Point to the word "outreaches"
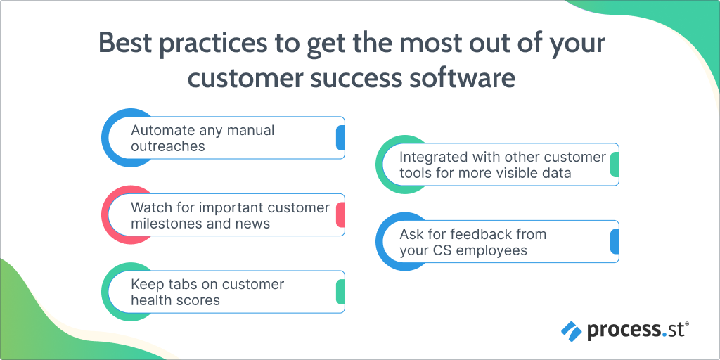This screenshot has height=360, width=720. coord(167,146)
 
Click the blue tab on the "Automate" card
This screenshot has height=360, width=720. coord(340,138)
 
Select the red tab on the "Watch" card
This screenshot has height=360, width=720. coord(340,215)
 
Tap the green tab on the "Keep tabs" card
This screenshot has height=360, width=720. coord(340,292)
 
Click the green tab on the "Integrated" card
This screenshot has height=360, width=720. coord(615,165)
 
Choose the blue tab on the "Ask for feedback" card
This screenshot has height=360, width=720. coord(615,242)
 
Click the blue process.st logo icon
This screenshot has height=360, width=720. coord(571,331)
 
